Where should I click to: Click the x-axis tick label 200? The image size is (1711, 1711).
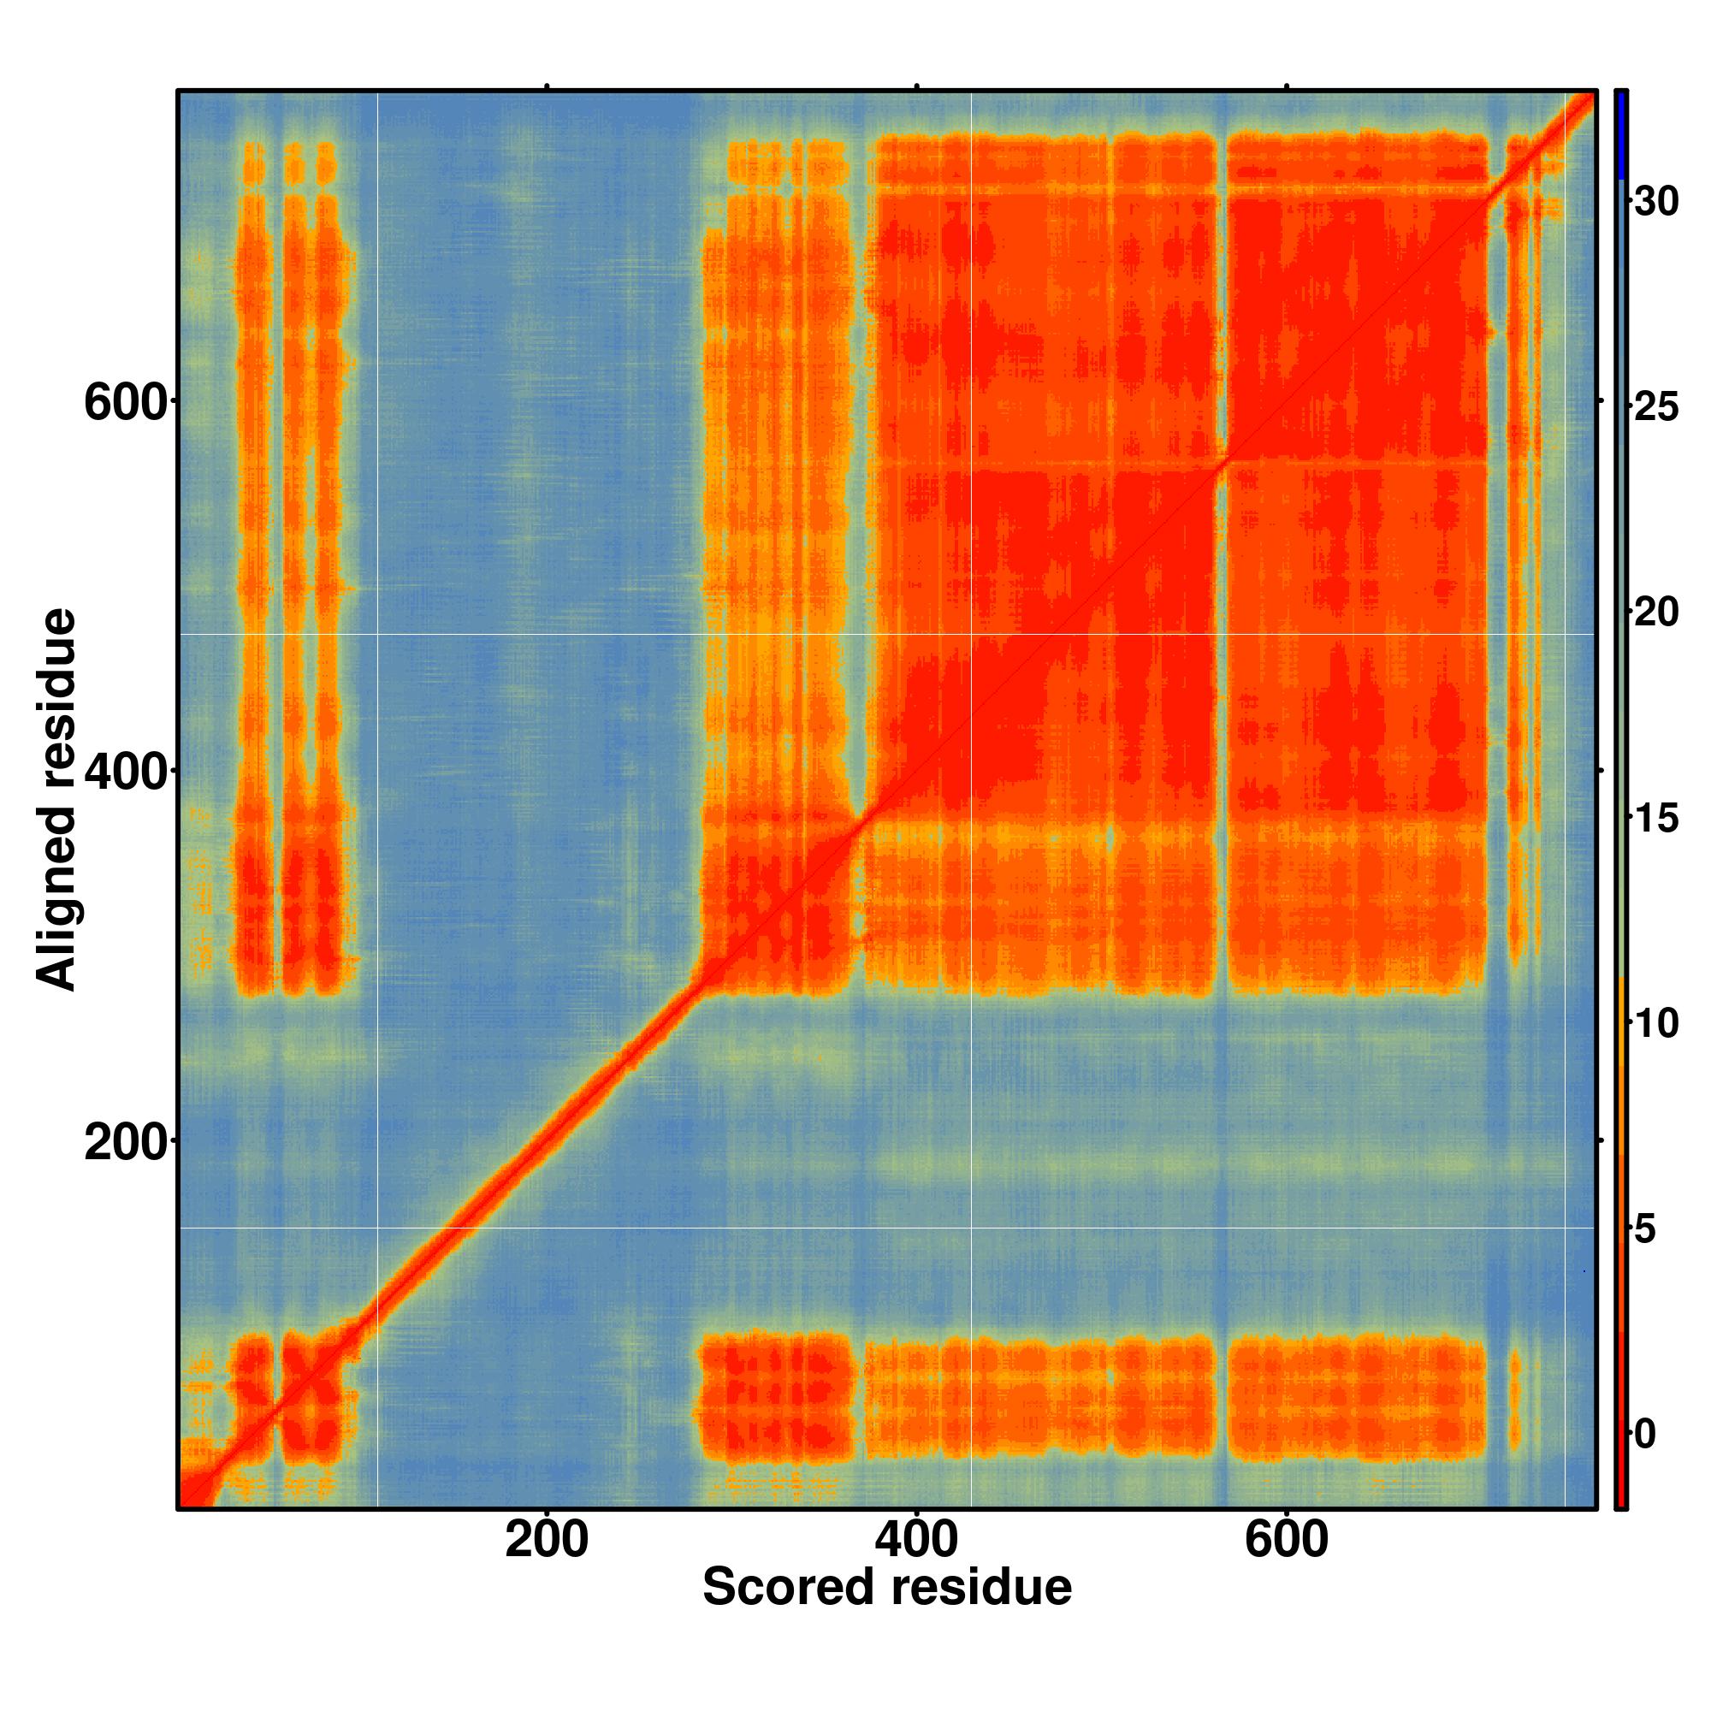pos(547,1565)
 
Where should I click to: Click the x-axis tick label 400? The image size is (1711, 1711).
pos(915,1565)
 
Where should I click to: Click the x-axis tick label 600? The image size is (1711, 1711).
pos(1286,1565)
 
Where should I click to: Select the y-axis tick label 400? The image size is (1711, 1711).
pos(125,773)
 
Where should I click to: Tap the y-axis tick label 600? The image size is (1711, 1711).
pos(125,403)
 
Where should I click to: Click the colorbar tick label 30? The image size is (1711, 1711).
pos(1656,203)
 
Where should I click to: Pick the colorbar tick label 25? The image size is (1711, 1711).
pos(1656,408)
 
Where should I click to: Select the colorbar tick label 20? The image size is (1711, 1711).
pos(1656,613)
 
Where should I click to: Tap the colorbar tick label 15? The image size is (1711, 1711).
pos(1656,819)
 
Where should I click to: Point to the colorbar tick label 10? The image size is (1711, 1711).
pos(1656,1024)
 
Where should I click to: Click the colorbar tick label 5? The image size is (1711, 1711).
pos(1645,1229)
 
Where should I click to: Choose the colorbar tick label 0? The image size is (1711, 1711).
pos(1645,1435)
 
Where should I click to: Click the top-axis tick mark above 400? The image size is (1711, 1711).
pos(916,86)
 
